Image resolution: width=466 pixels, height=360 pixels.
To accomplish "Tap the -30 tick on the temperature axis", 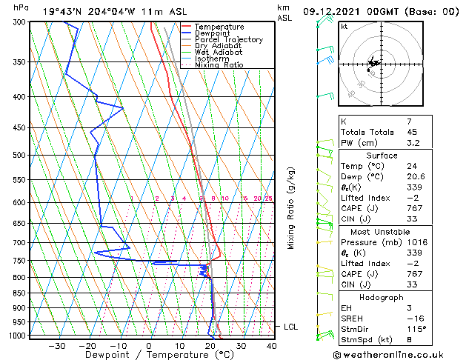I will coord(56,345).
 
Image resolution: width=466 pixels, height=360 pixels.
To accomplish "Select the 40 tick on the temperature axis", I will coord(272,345).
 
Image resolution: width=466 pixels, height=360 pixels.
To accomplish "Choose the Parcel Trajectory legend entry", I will coord(228,40).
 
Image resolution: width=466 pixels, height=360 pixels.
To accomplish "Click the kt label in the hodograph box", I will coord(344,26).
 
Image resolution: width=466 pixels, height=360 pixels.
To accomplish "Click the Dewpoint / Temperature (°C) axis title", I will coord(149,355).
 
